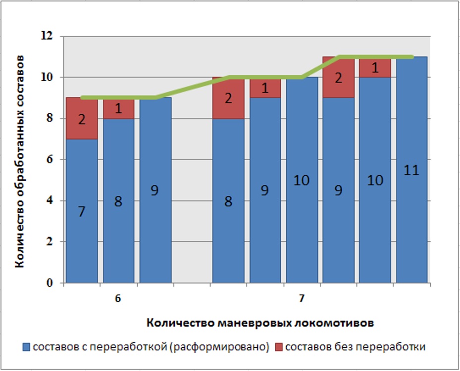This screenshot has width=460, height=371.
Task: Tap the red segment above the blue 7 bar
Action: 82,118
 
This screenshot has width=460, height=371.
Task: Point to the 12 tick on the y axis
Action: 47,36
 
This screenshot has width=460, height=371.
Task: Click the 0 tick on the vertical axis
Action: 50,283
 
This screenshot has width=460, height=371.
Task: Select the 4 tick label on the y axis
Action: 50,201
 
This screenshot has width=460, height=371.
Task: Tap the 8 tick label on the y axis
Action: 50,119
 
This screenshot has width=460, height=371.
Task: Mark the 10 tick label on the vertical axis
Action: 48,78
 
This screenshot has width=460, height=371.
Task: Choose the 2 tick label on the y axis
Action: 50,242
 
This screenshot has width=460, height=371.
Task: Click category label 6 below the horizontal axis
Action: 118,299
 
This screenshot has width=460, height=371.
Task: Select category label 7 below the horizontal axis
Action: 302,299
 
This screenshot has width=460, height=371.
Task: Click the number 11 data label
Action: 411,171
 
